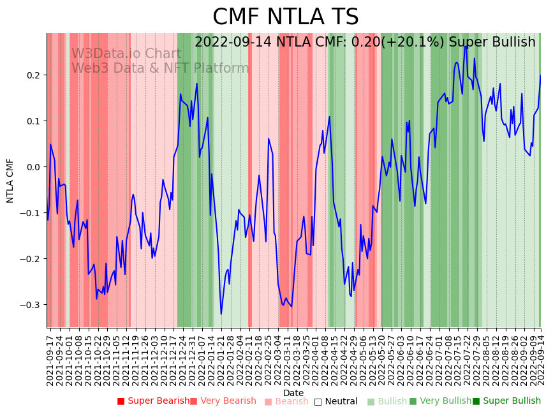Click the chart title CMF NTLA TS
click(x=285, y=17)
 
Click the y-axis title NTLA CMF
click(x=10, y=180)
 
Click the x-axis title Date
click(x=293, y=393)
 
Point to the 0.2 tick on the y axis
click(x=33, y=75)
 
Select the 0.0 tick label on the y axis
click(x=33, y=167)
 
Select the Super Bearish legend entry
click(x=153, y=401)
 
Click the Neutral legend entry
click(x=335, y=401)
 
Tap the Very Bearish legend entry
click(x=223, y=401)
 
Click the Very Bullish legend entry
click(x=441, y=401)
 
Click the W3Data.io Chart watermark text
click(x=126, y=54)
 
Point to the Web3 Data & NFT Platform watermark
click(x=160, y=68)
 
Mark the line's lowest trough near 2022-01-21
click(x=221, y=314)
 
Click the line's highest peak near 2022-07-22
click(x=465, y=46)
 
